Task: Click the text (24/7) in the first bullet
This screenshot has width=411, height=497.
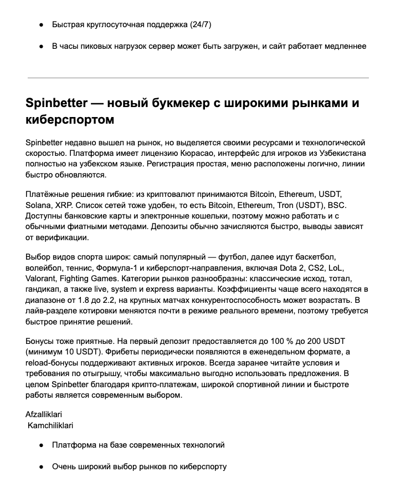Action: point(201,25)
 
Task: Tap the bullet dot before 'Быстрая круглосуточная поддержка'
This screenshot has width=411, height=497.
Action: point(42,25)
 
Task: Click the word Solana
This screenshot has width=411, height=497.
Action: point(39,205)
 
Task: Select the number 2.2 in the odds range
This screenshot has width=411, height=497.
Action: point(106,300)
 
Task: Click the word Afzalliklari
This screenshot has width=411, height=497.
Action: point(44,414)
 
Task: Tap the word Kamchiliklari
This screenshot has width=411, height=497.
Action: point(50,425)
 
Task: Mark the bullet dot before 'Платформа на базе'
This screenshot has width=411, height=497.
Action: point(42,445)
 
